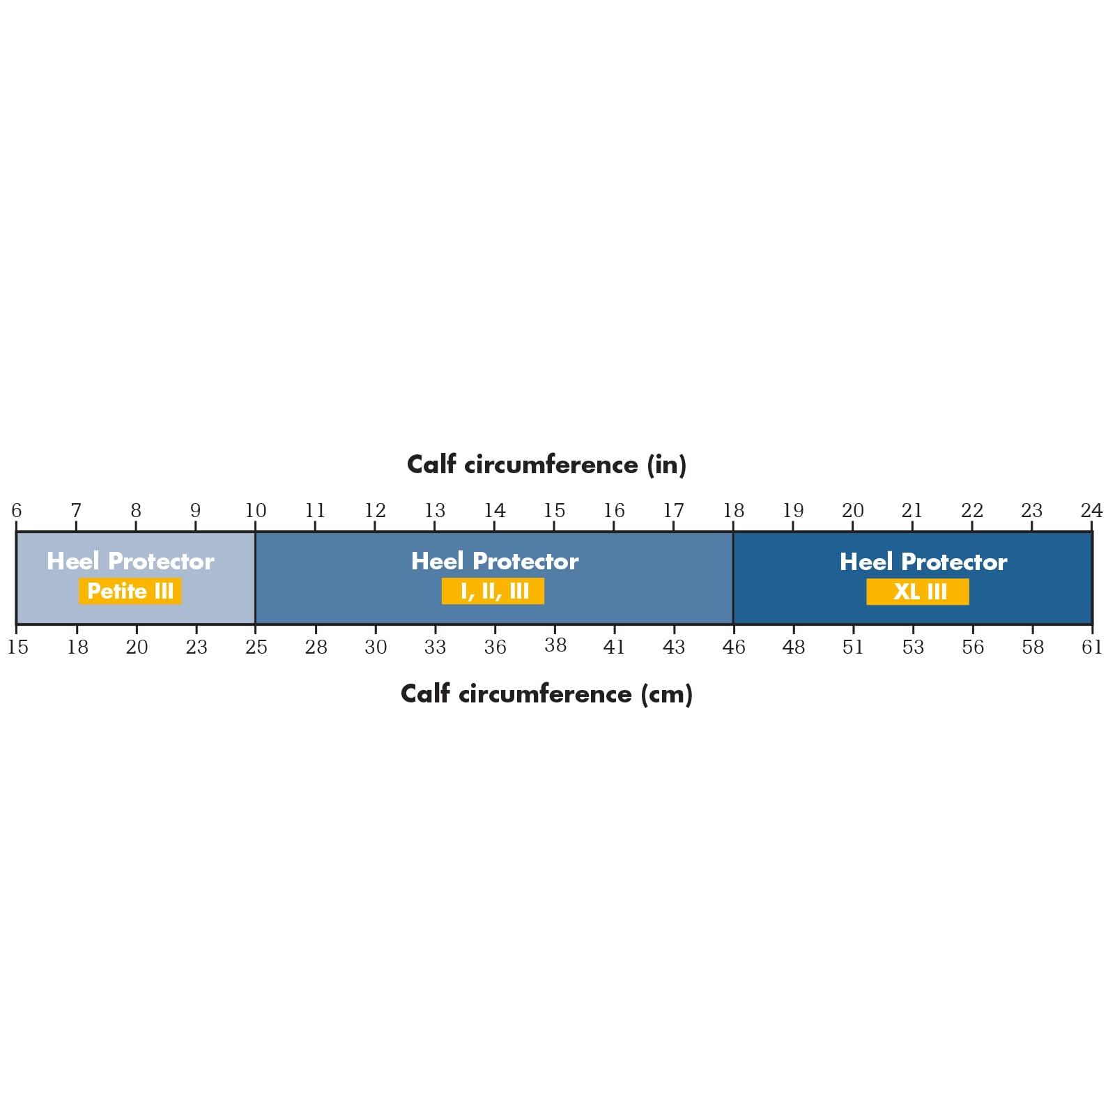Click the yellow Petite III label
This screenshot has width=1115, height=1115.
(x=130, y=591)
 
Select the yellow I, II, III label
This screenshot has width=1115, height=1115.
(x=493, y=591)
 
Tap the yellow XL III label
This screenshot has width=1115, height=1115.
(x=918, y=592)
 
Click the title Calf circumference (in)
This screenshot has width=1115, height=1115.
(x=546, y=465)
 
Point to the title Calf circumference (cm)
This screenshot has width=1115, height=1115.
(x=546, y=693)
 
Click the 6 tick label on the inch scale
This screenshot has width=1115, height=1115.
(x=17, y=510)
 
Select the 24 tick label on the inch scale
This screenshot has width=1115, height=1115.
(x=1091, y=510)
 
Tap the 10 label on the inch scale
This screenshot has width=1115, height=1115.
(x=256, y=510)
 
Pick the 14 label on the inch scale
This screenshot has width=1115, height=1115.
(x=495, y=510)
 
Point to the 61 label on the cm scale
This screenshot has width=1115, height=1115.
(x=1091, y=647)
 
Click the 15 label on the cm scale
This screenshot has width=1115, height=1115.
(x=18, y=647)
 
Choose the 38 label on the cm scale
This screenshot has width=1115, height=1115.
(x=555, y=645)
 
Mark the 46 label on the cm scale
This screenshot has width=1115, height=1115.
(x=734, y=647)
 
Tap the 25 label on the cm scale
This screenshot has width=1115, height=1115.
(x=256, y=647)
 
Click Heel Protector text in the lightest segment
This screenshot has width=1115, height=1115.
(x=130, y=561)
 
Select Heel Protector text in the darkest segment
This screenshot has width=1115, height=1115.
(x=923, y=562)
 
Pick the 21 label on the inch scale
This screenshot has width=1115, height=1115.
(x=912, y=510)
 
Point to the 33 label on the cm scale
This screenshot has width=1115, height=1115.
(x=436, y=647)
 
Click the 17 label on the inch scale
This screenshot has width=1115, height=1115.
(x=674, y=510)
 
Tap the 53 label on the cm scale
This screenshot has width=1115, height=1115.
(x=913, y=647)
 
